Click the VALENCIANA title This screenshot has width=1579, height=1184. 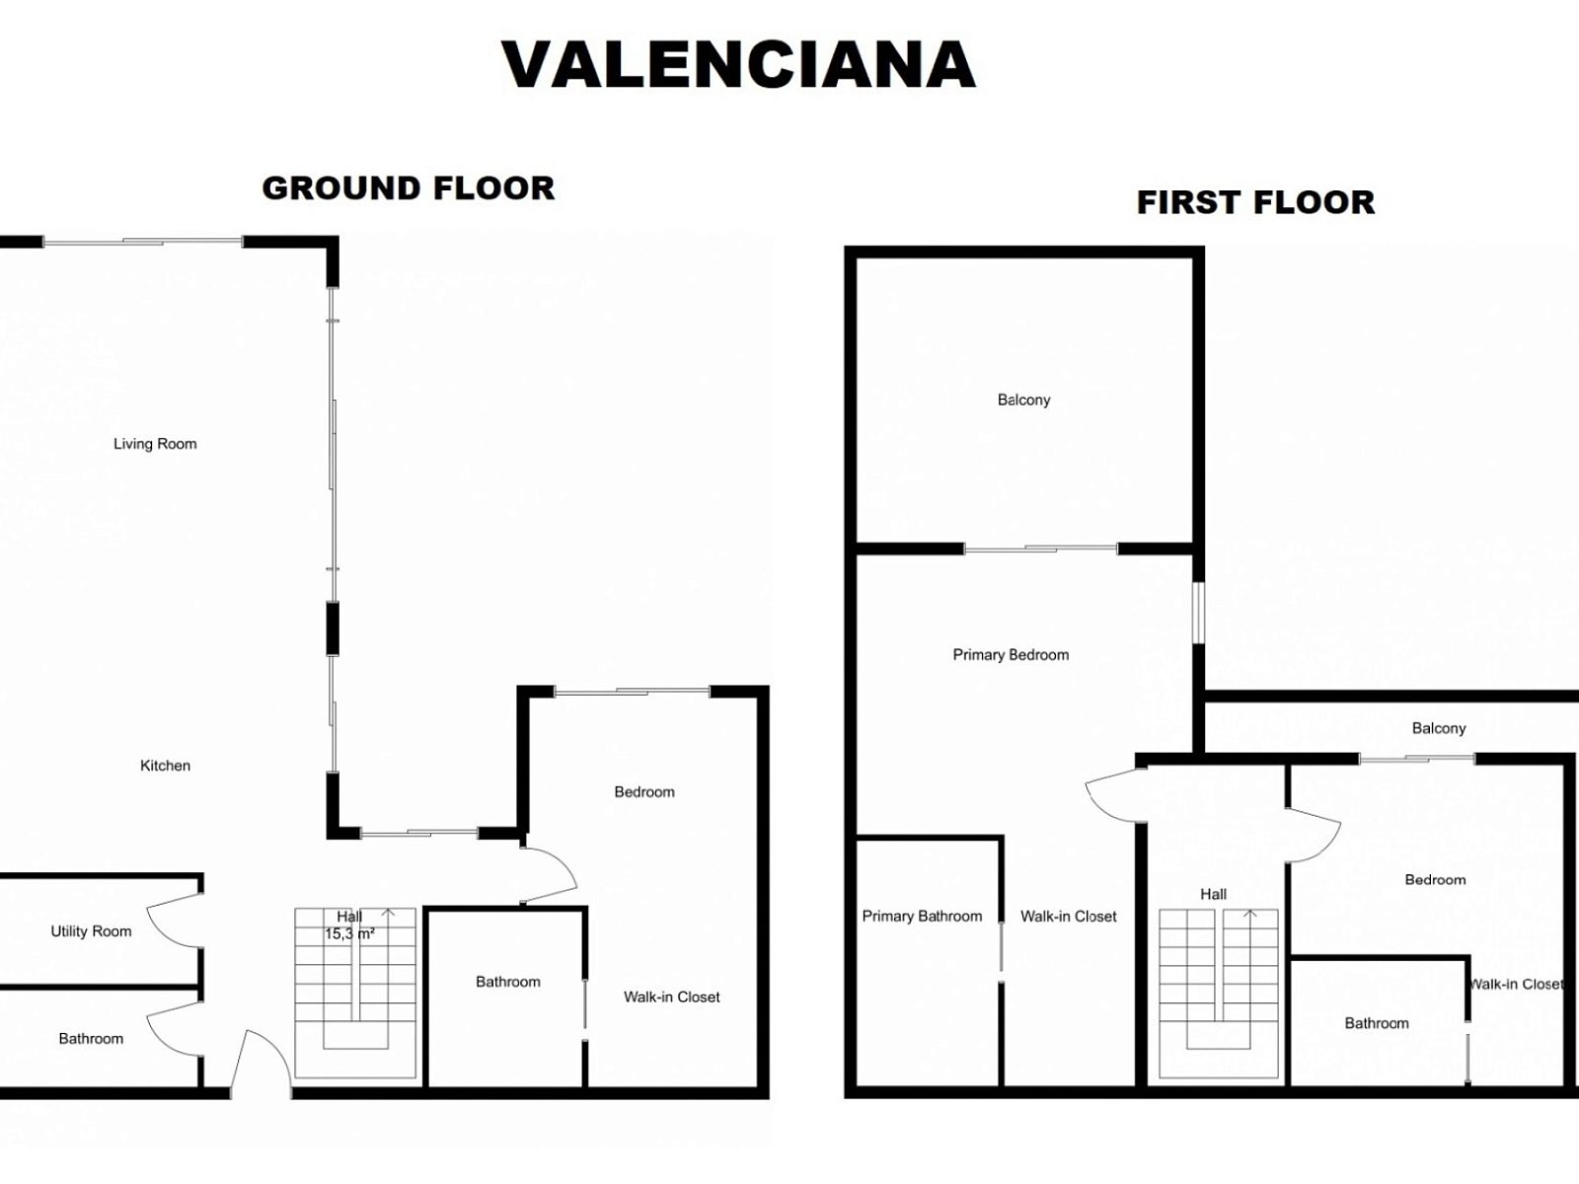(738, 65)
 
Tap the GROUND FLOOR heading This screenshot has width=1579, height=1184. (409, 188)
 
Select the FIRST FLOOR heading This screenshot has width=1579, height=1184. (1255, 202)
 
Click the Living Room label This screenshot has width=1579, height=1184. (155, 444)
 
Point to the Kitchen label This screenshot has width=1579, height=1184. (166, 766)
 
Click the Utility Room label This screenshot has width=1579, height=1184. (92, 931)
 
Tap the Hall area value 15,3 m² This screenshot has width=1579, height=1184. (349, 933)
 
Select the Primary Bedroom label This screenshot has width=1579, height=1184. (1011, 655)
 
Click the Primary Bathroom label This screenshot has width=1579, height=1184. (922, 916)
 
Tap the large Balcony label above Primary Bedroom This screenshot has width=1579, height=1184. (1023, 400)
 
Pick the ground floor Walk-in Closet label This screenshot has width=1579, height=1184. (672, 998)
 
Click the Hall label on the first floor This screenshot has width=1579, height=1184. (1214, 894)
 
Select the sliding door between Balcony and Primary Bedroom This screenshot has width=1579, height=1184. (1040, 550)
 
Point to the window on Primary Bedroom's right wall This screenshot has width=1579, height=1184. (1198, 613)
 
